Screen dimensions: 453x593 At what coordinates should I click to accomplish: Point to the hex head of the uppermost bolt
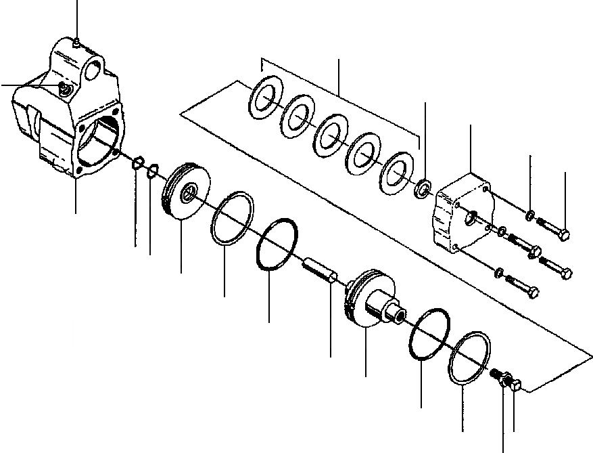(x=564, y=235)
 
